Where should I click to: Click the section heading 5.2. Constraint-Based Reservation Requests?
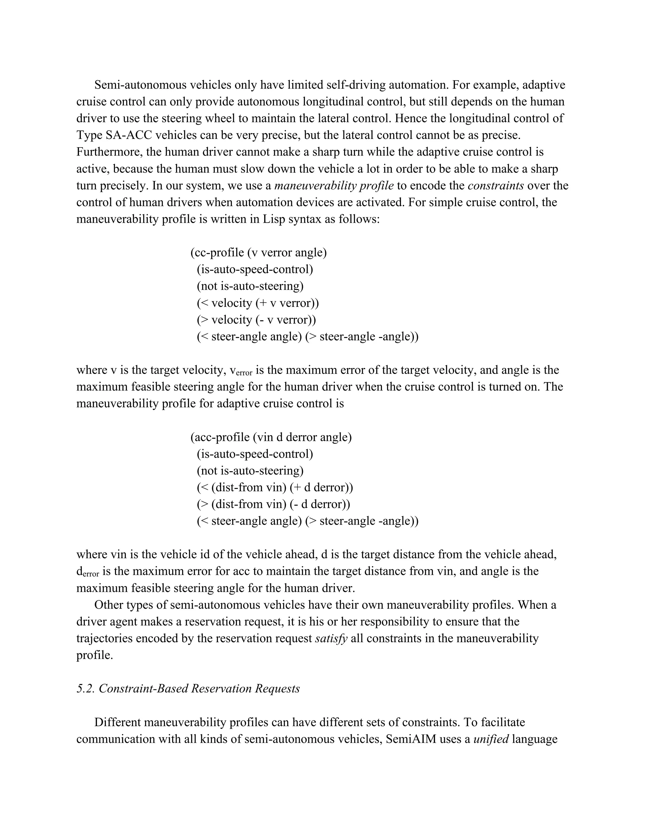(x=188, y=689)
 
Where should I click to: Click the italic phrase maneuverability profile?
(x=334, y=186)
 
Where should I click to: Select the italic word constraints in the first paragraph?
(x=496, y=186)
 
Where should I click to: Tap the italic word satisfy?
(x=331, y=638)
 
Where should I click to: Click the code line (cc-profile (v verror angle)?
(x=258, y=253)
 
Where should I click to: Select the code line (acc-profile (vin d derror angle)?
(x=271, y=437)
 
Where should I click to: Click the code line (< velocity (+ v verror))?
(x=257, y=303)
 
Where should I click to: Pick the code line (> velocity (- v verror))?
(x=256, y=320)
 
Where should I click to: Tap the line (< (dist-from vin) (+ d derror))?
(x=275, y=487)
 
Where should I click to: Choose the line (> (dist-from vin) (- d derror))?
(x=273, y=504)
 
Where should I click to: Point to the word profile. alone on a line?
(x=95, y=655)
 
